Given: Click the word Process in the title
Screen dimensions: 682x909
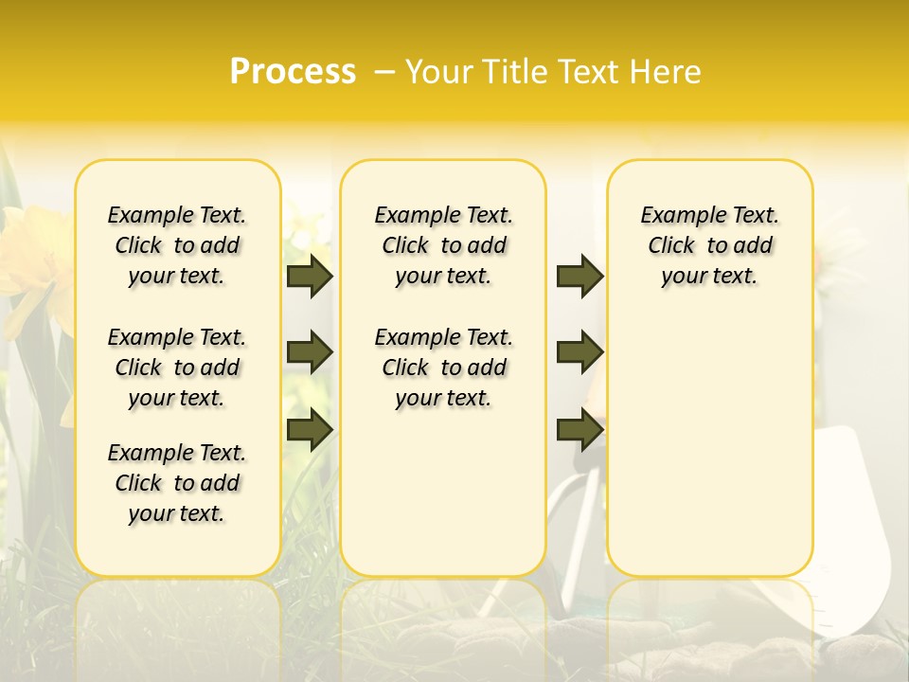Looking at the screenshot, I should pos(293,72).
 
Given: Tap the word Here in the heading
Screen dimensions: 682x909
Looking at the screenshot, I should pos(666,72).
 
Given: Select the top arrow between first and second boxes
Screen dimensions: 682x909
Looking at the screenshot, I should pos(310,276).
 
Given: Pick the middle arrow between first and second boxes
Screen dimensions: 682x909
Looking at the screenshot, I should pos(310,352).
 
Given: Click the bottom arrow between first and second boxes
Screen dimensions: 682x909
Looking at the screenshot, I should pos(310,429).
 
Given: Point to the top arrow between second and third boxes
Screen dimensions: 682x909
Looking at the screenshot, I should pos(579,276).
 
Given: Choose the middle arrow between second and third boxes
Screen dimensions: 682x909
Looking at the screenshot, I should pos(579,352).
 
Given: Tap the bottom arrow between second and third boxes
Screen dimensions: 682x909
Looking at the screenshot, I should pos(579,429).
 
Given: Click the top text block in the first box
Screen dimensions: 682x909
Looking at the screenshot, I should pos(177,245).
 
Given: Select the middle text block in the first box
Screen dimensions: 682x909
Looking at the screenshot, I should pos(177,368).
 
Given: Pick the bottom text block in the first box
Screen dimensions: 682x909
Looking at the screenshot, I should pos(177,483).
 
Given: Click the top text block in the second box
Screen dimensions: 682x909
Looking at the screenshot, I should pos(444,245).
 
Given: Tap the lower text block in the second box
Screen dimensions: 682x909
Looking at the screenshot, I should pos(444,368).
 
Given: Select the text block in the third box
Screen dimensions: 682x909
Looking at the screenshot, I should pos(710,245).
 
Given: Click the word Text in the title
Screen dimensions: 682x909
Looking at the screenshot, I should pos(590,72).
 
